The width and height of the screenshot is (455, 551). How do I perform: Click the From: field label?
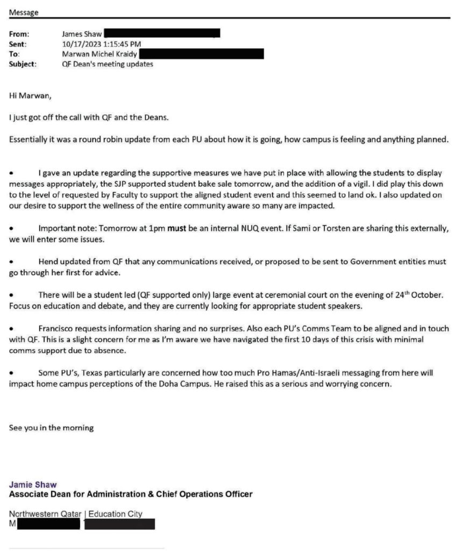19,33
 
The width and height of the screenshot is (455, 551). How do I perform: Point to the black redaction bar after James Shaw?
162,33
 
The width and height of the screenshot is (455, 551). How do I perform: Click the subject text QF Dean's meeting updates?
108,63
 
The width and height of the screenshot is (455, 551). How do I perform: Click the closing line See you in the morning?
52,428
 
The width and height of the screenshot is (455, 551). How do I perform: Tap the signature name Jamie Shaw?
29,484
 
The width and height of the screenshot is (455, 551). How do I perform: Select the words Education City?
115,514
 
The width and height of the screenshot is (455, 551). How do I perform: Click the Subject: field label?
23,63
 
